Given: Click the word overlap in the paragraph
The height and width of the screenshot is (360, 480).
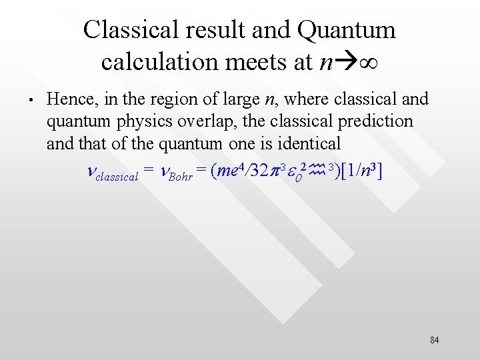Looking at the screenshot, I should coord(230,121).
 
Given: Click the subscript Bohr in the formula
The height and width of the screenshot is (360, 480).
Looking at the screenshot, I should coord(181,177).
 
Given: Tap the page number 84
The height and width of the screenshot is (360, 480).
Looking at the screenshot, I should coord(434,341).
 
